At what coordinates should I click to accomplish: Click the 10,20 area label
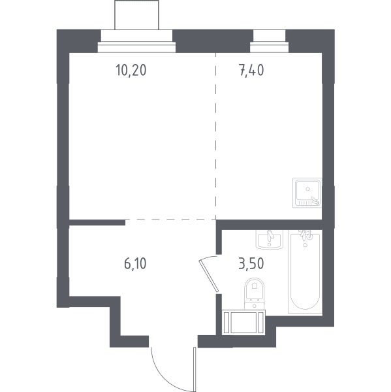pyautogui.click(x=131, y=70)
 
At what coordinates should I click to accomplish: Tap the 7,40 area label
pyautogui.click(x=251, y=70)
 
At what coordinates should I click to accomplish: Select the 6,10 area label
pyautogui.click(x=135, y=264)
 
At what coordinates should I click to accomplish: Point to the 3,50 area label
pyautogui.click(x=251, y=264)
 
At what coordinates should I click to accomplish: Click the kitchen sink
pyautogui.click(x=307, y=193)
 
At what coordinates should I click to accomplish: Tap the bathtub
pyautogui.click(x=305, y=272)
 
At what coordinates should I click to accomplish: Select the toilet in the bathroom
pyautogui.click(x=254, y=294)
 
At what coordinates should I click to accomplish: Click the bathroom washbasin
pyautogui.click(x=270, y=240)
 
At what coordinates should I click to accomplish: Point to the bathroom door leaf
pyautogui.click(x=209, y=276)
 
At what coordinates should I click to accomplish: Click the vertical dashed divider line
pyautogui.click(x=216, y=137)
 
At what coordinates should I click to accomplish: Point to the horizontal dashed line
pyautogui.click(x=170, y=220)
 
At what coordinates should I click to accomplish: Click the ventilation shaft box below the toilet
pyautogui.click(x=243, y=322)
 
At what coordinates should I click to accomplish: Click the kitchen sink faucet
pyautogui.click(x=315, y=200)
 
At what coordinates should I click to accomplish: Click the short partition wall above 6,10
pyautogui.click(x=97, y=223)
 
